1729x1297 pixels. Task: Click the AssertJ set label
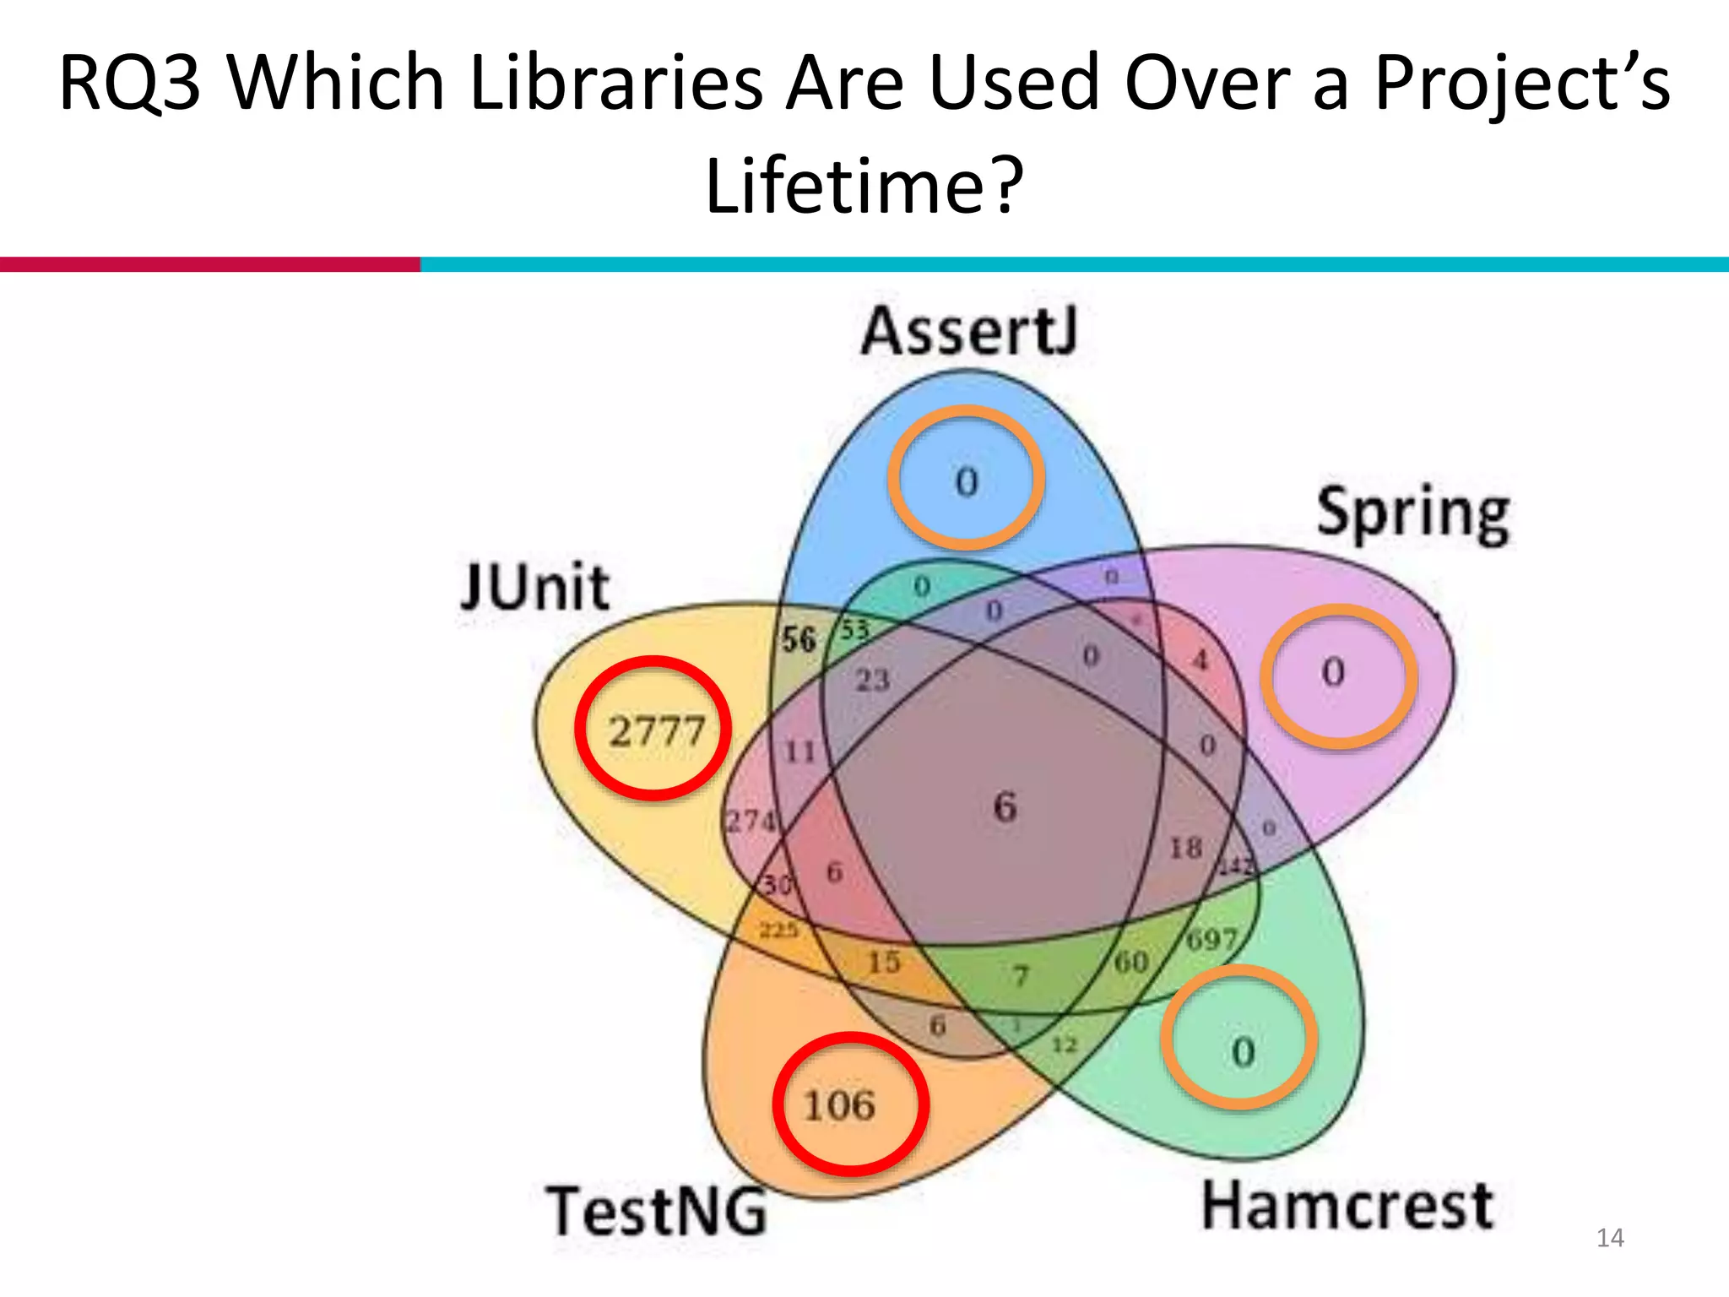tap(969, 332)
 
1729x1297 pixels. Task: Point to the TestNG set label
tap(657, 1211)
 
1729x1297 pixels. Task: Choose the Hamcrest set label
tap(1347, 1206)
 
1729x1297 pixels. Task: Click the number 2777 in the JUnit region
tap(656, 730)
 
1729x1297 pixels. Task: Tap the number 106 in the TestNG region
tap(838, 1105)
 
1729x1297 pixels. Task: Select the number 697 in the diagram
tap(1211, 938)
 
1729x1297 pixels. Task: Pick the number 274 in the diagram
tap(751, 820)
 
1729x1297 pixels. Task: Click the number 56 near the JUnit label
tap(798, 639)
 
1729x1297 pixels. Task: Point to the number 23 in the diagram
tap(872, 679)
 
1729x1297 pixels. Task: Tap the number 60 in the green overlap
tap(1131, 961)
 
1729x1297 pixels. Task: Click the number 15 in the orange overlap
tap(884, 962)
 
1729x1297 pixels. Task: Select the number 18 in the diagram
tap(1185, 848)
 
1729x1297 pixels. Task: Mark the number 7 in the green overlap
tap(1021, 976)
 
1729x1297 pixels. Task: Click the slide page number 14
tap(1610, 1238)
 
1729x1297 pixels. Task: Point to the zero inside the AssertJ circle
tap(967, 482)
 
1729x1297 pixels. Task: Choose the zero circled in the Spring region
tap(1333, 672)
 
